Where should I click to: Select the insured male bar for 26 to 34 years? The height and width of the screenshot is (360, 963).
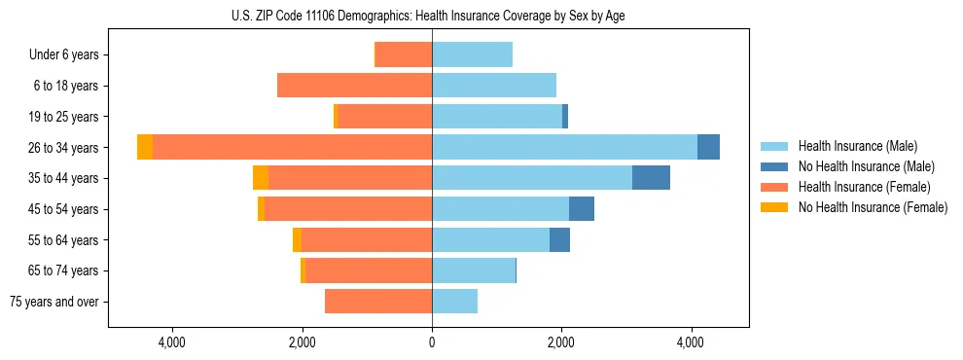[564, 147]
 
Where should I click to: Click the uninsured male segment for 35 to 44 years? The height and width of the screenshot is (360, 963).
[651, 178]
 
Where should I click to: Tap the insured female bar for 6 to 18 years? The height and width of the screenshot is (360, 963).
[354, 86]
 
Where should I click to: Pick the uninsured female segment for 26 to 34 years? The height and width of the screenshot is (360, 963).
[145, 147]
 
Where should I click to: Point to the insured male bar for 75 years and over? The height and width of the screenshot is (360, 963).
[454, 302]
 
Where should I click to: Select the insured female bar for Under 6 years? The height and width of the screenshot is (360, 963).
[404, 54]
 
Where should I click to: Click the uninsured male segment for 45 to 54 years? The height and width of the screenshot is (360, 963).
[582, 209]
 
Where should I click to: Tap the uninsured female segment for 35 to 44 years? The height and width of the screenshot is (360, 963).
[261, 178]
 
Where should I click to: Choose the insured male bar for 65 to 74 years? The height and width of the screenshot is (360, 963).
[473, 270]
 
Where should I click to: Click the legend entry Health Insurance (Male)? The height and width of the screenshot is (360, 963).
[857, 146]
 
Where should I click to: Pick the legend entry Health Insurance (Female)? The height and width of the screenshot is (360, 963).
[864, 187]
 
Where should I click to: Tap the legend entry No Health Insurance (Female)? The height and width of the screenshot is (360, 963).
[873, 207]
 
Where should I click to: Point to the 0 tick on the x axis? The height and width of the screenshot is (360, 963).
[432, 342]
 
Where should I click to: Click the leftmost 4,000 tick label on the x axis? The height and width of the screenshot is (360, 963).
[172, 342]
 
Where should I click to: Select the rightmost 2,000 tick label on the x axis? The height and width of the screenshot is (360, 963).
[561, 342]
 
